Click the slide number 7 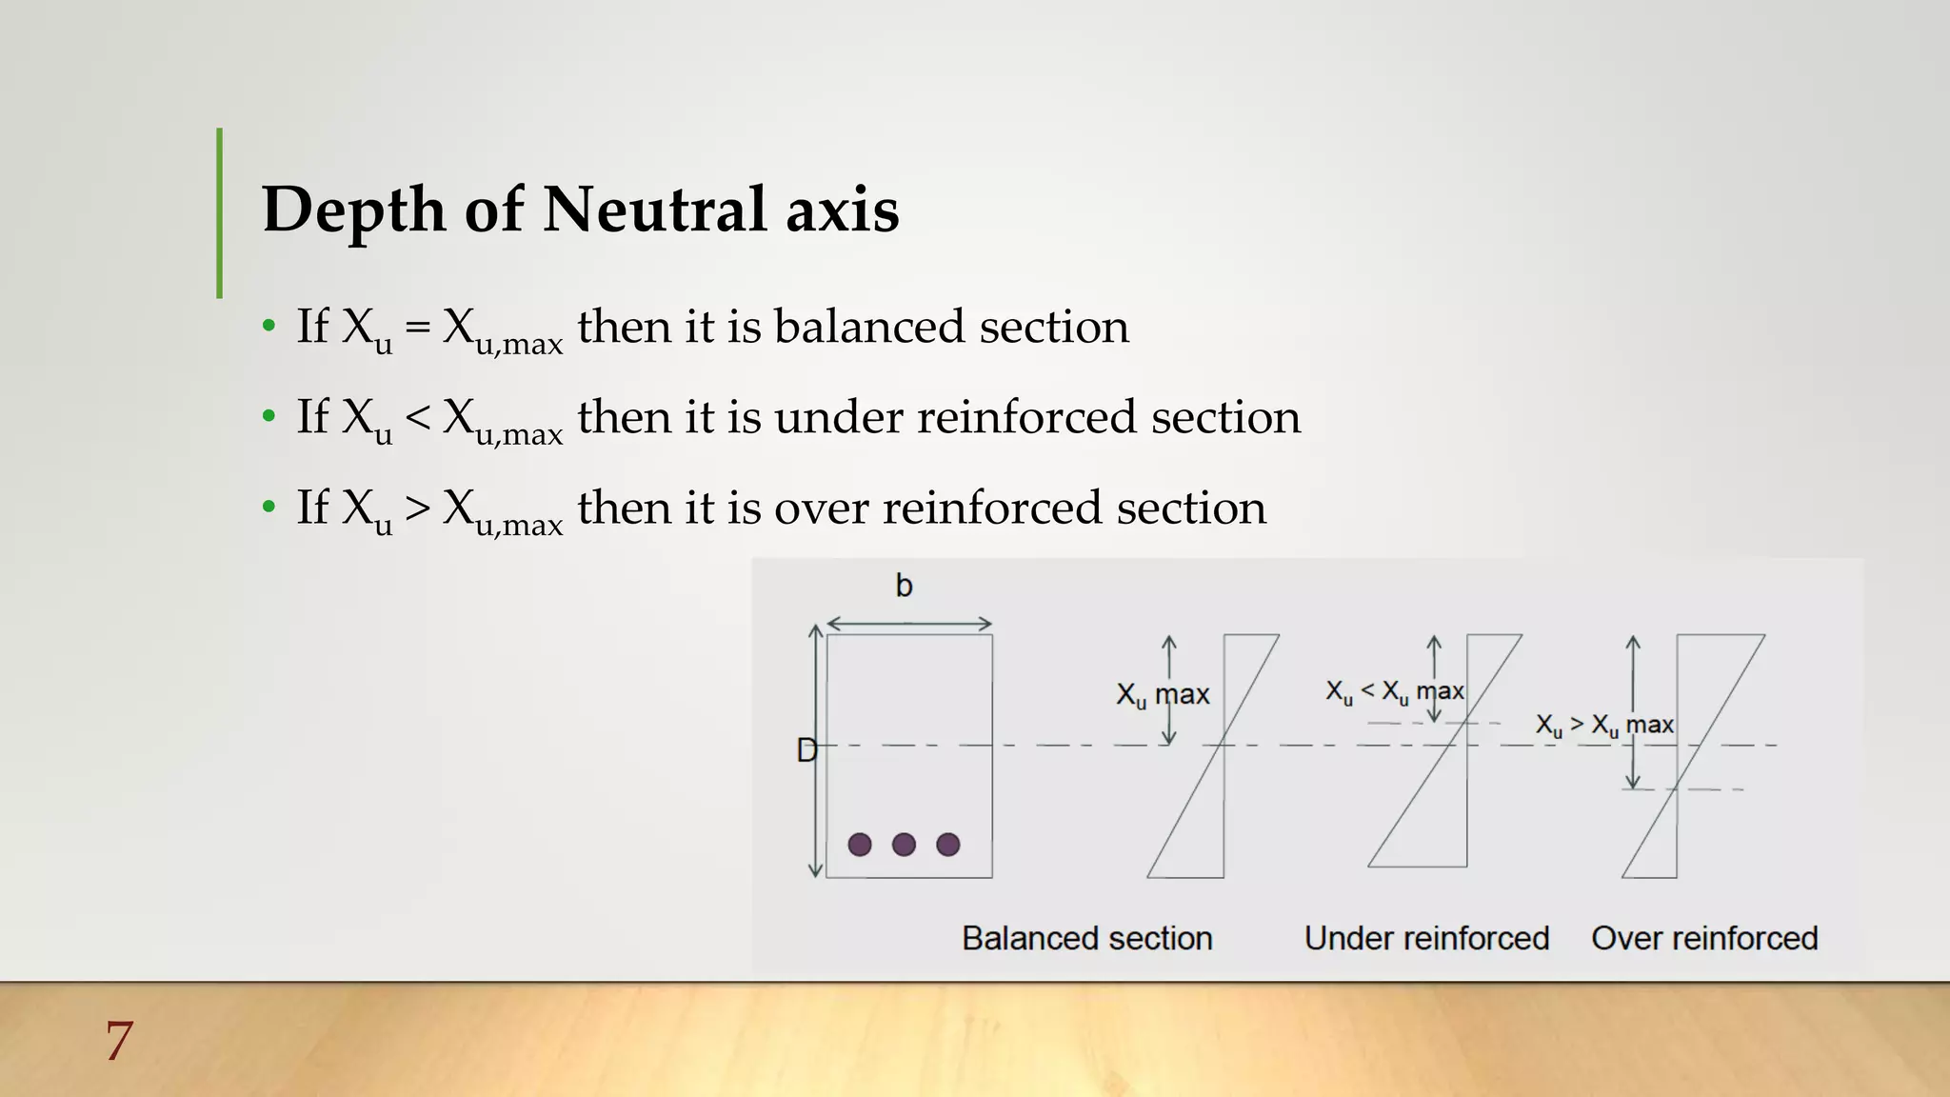(119, 1040)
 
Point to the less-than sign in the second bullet (417, 418)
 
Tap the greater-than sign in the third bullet (417, 509)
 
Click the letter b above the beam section (904, 586)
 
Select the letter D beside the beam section (806, 751)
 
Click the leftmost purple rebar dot (860, 845)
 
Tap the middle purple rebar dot (904, 845)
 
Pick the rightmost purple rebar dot (948, 845)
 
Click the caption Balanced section (1086, 938)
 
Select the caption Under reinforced (1426, 938)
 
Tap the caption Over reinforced (1704, 938)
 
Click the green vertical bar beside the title (220, 213)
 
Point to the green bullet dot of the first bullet (269, 327)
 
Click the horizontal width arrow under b (909, 624)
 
